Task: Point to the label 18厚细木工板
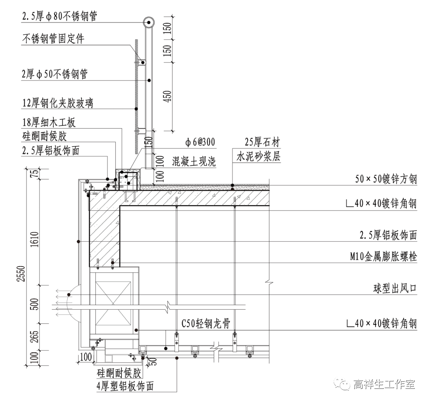[x=48, y=123]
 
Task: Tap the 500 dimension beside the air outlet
[x=35, y=304]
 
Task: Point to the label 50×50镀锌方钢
[x=386, y=180]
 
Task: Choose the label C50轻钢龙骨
[x=206, y=323]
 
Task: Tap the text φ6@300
[x=200, y=143]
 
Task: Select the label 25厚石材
[x=262, y=143]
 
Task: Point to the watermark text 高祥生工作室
[x=384, y=385]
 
